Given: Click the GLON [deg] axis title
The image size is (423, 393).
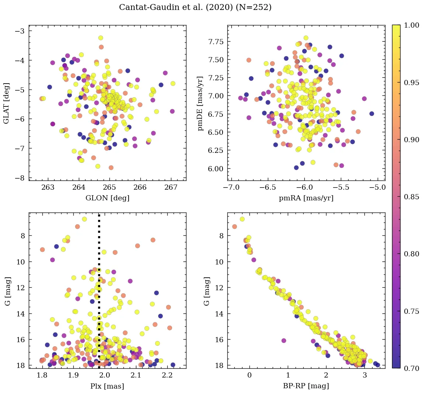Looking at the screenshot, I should tap(107, 198).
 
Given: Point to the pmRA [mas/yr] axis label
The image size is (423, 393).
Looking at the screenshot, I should tap(306, 198).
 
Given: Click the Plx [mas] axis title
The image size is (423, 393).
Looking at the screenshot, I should tap(107, 386).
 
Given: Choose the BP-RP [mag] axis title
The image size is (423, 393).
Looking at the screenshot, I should tap(306, 386).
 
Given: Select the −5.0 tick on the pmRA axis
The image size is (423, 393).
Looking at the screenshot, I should tap(378, 187).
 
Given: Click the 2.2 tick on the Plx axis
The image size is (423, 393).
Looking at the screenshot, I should tap(167, 375).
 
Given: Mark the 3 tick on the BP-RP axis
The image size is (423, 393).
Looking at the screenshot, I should tap(364, 375).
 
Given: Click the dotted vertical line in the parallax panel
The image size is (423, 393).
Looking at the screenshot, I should tap(99, 258).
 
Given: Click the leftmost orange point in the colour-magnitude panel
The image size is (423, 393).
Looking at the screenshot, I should tap(235, 226).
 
